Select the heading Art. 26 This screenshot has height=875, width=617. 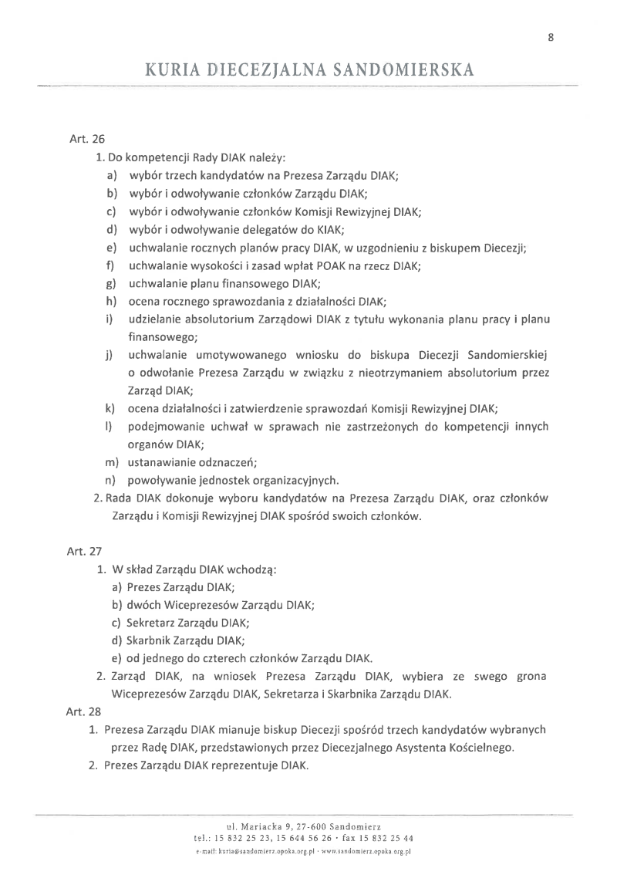87,140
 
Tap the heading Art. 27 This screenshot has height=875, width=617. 83,551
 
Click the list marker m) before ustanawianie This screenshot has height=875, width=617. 111,462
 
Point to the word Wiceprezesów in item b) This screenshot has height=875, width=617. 205,604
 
